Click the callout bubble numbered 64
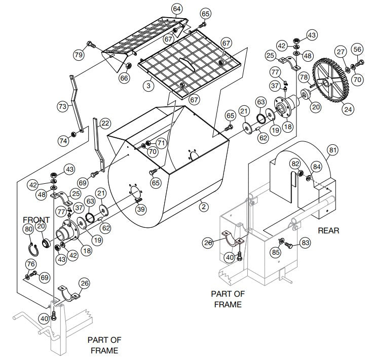tap(176, 9)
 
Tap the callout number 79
tap(79, 55)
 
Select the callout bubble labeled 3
tap(148, 86)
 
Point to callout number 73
tap(62, 106)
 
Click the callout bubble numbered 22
tap(105, 123)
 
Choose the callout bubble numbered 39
tap(141, 210)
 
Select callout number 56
tap(358, 49)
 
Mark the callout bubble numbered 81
tap(332, 150)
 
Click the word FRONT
tap(36, 220)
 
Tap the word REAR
tap(328, 231)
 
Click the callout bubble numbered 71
tap(161, 143)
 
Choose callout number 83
tap(305, 243)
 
